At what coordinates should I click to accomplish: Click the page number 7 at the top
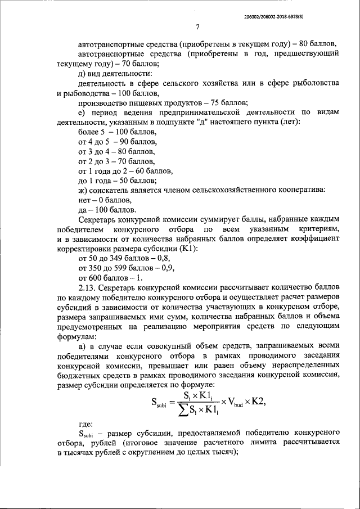click(197, 28)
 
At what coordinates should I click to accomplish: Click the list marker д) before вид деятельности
click(83, 73)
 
